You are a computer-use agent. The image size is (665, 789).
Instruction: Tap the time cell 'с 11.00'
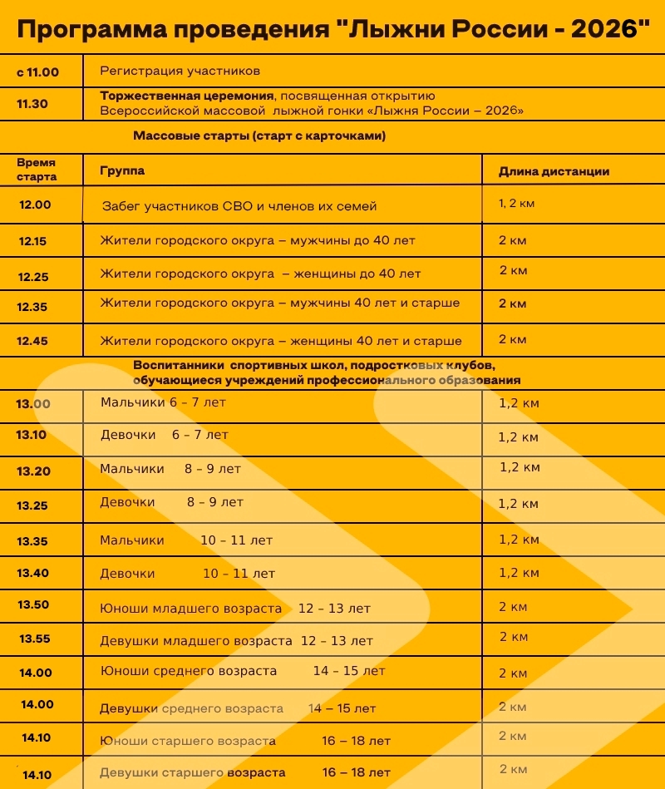pyautogui.click(x=37, y=72)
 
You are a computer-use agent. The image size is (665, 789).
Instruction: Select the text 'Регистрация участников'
pyautogui.click(x=180, y=71)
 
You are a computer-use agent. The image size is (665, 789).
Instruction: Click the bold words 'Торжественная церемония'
pyautogui.click(x=188, y=96)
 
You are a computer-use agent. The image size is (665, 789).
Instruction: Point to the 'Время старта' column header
pyautogui.click(x=37, y=170)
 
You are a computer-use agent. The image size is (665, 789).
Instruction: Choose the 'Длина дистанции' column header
pyautogui.click(x=554, y=172)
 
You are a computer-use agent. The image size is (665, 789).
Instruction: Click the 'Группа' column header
pyautogui.click(x=122, y=170)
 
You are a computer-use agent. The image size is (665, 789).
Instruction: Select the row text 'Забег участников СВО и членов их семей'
pyautogui.click(x=239, y=205)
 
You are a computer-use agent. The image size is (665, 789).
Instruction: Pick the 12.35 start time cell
pyautogui.click(x=32, y=307)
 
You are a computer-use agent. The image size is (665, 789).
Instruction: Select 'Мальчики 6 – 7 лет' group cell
pyautogui.click(x=163, y=402)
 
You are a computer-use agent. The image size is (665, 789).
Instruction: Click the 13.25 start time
pyautogui.click(x=32, y=505)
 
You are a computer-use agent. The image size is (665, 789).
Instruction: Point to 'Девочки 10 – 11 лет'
pyautogui.click(x=187, y=574)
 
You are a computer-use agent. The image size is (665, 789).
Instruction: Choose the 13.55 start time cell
pyautogui.click(x=35, y=639)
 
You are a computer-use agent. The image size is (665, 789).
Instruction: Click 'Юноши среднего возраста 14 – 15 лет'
pyautogui.click(x=243, y=671)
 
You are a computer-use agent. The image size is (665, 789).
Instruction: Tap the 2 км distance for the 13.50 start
pyautogui.click(x=513, y=607)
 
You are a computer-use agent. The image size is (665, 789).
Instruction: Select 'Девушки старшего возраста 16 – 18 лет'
pyautogui.click(x=244, y=772)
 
